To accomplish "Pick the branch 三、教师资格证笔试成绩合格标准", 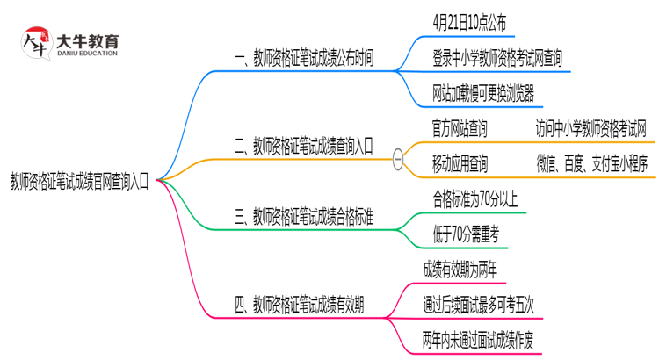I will pyautogui.click(x=304, y=217).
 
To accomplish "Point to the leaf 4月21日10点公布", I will pyautogui.click(x=469, y=19).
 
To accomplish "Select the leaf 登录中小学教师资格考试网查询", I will pyautogui.click(x=497, y=58).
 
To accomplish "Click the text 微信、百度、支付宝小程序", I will pyautogui.click(x=590, y=162).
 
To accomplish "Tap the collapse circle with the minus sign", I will pyautogui.click(x=398, y=160).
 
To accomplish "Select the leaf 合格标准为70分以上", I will pyautogui.click(x=475, y=198).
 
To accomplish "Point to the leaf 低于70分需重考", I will pyautogui.click(x=467, y=234).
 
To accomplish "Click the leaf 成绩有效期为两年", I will pyautogui.click(x=461, y=268).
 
